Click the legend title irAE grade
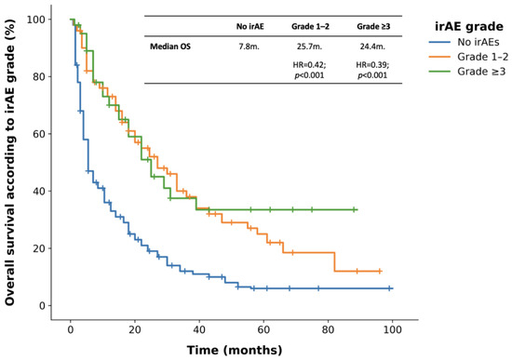tap(469, 26)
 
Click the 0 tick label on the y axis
tap(42, 306)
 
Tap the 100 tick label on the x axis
tap(392, 329)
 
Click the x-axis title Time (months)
tap(235, 350)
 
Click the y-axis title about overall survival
tap(10, 162)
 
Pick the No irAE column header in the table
tap(249, 26)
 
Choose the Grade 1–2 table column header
tap(310, 26)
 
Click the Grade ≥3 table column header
tap(373, 26)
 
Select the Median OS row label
tap(170, 47)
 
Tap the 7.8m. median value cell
tap(249, 47)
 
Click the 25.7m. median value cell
tap(309, 47)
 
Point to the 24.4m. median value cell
tap(372, 47)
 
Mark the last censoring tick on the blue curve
tap(389, 288)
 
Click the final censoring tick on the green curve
tap(354, 209)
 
